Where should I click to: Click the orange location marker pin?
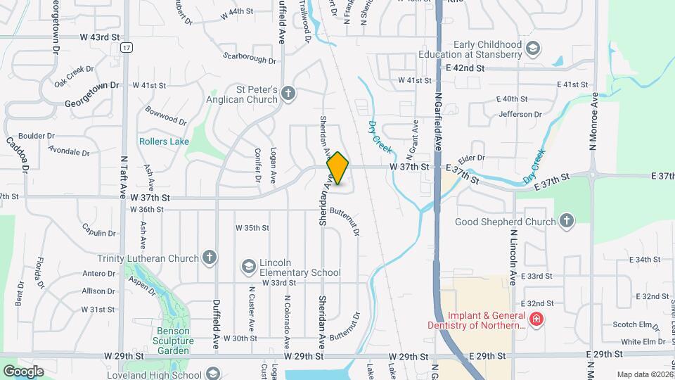tap(337, 168)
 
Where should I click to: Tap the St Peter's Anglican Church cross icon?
tap(288, 94)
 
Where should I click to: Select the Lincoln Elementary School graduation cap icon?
tap(248, 267)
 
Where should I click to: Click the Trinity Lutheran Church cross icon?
tap(209, 258)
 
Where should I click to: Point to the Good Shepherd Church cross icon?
tap(567, 222)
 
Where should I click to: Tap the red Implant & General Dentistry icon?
tap(536, 319)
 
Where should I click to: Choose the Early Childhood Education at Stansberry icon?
tap(534, 49)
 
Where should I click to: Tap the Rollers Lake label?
tap(164, 141)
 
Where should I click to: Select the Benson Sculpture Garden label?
tap(172, 341)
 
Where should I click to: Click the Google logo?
tap(23, 370)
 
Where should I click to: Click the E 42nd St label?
tap(465, 68)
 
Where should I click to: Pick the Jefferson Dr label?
tap(520, 114)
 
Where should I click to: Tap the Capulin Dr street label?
tap(98, 233)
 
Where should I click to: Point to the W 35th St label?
tap(252, 228)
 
